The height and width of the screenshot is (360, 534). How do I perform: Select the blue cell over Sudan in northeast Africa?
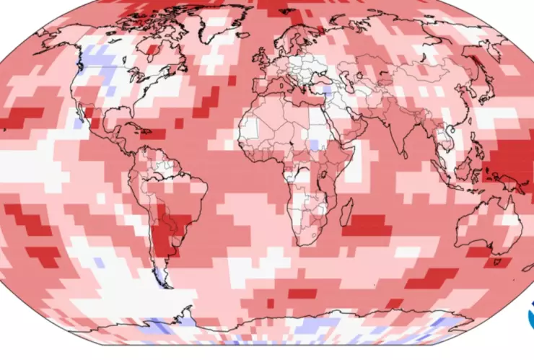[x=314, y=144]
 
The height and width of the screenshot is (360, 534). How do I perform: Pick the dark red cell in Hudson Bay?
[x=152, y=51]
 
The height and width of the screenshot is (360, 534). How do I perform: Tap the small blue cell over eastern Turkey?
[x=326, y=92]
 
